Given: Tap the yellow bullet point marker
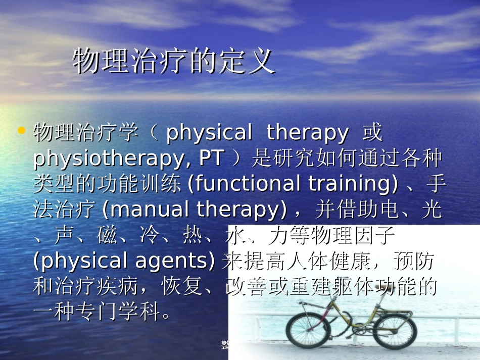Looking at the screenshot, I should pyautogui.click(x=21, y=131).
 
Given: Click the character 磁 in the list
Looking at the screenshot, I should pyautogui.click(x=107, y=235).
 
